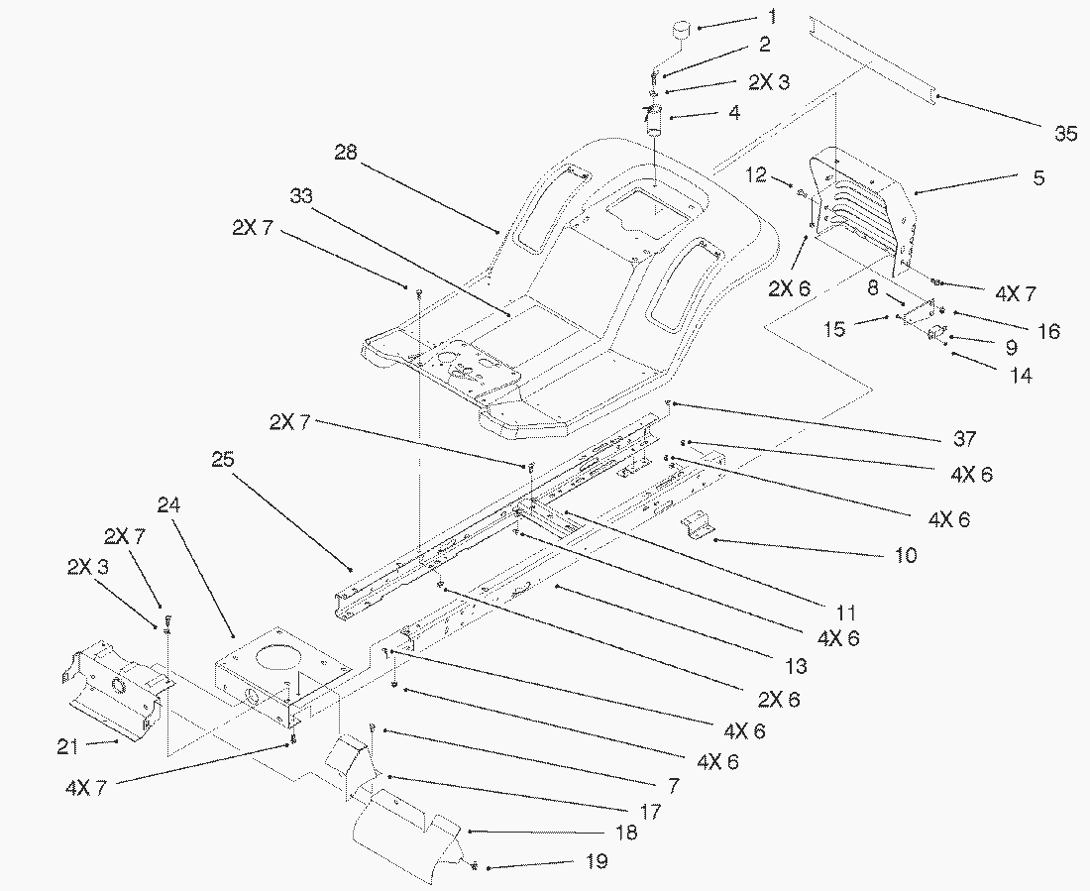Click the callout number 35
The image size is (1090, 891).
click(1065, 134)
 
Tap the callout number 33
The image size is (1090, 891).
click(301, 196)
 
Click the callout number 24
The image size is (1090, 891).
click(169, 503)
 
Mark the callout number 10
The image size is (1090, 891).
click(905, 555)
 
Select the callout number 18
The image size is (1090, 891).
click(626, 833)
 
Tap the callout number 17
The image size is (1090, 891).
click(650, 810)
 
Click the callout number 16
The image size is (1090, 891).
click(1047, 330)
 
